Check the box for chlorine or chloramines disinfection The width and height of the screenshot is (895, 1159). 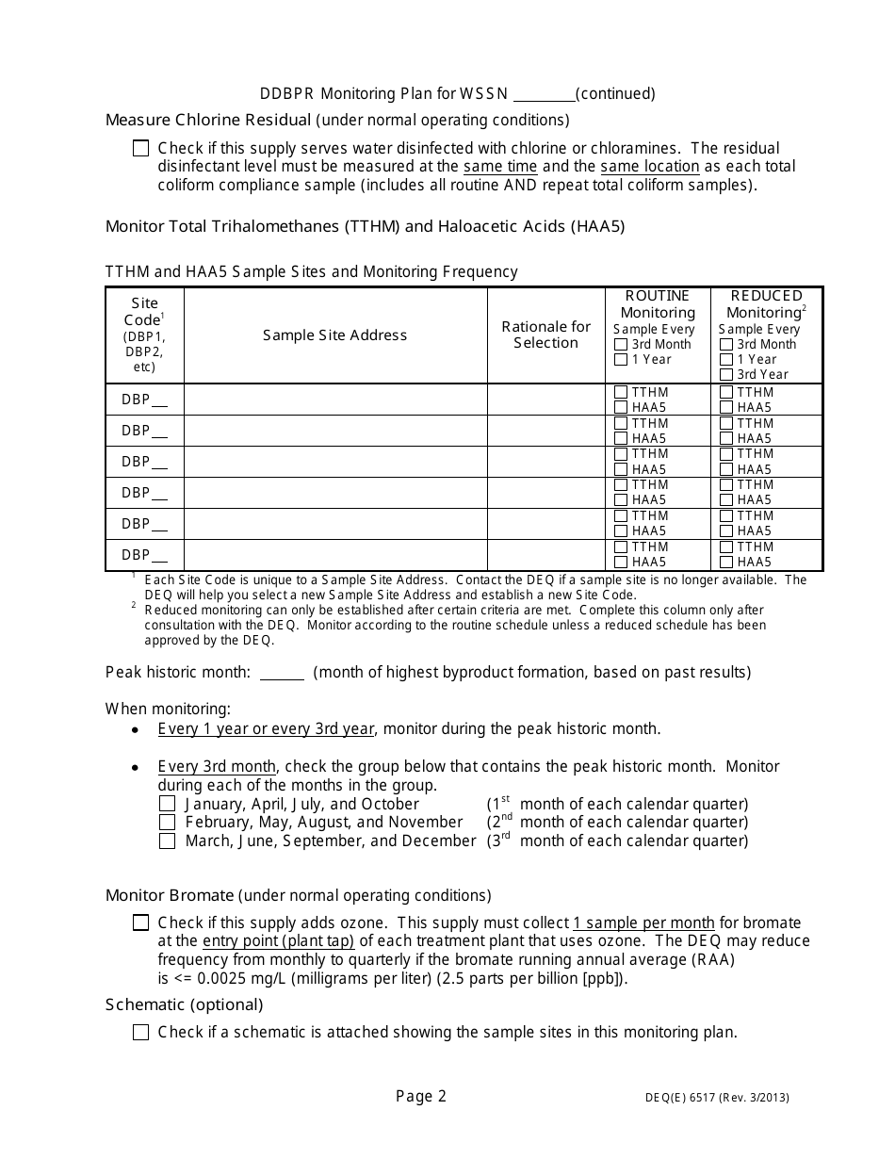(x=140, y=148)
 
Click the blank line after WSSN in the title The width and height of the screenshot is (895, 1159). (x=544, y=94)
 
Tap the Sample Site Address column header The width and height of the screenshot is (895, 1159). (x=334, y=335)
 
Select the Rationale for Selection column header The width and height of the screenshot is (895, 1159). (x=545, y=335)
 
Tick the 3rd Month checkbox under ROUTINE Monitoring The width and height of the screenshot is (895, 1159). (x=621, y=345)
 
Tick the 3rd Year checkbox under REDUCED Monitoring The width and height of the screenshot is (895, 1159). (x=726, y=375)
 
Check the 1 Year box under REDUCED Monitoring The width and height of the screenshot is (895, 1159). (x=726, y=360)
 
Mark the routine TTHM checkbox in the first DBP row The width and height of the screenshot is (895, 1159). (x=621, y=392)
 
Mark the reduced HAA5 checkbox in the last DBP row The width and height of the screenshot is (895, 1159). (x=726, y=563)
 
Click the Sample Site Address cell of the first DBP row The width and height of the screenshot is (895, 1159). (x=334, y=400)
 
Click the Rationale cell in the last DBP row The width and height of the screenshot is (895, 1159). (x=545, y=555)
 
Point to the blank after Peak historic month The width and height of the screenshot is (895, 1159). (x=282, y=673)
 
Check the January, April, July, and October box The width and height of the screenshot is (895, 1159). (x=167, y=805)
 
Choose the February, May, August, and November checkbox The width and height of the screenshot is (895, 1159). (x=167, y=823)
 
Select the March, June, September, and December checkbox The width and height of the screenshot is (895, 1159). (x=167, y=841)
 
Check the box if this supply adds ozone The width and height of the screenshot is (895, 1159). (x=140, y=923)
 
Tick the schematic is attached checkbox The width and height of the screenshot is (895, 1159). (x=140, y=1033)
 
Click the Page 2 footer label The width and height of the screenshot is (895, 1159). (x=421, y=1096)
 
